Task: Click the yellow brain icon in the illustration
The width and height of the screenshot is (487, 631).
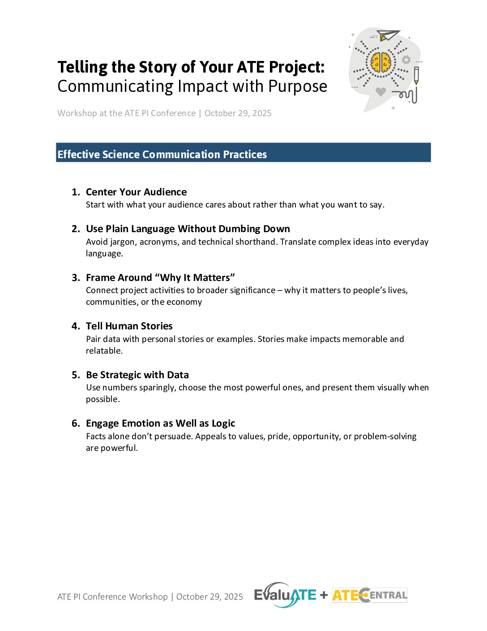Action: pos(381,63)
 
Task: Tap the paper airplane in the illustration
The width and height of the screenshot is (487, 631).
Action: pos(388,35)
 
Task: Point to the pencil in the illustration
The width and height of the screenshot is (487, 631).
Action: pos(416,75)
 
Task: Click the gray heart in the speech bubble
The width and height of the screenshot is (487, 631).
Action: pos(380,91)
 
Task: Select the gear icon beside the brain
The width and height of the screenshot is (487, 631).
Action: pos(406,60)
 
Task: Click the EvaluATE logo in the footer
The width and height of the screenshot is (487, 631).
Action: pos(285,595)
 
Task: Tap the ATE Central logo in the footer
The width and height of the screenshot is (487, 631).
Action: pos(369,595)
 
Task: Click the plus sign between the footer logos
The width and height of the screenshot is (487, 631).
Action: pos(324,596)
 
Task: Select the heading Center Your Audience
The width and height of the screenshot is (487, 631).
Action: pos(136,192)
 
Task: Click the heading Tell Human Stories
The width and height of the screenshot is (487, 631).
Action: pos(129,326)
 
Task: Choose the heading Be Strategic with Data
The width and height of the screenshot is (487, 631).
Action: pos(137,375)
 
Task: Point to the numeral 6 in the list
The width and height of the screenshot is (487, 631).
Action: pos(75,424)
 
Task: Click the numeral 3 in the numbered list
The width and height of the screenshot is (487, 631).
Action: pos(75,278)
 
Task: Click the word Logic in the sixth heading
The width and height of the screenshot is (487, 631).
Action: pos(223,424)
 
